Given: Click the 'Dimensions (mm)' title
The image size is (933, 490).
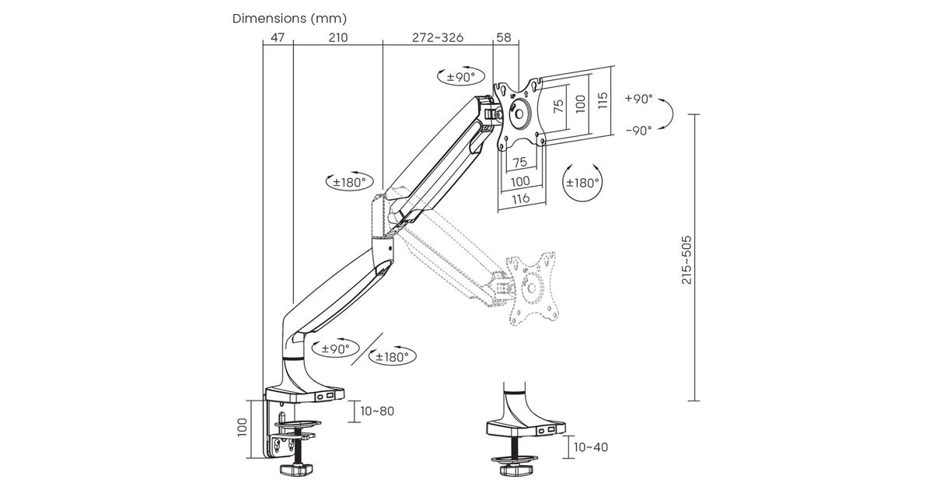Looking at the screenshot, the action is pos(289,19).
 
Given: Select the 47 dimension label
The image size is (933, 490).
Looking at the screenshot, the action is pos(278,37).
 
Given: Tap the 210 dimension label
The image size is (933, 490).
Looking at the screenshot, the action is pos(338,37).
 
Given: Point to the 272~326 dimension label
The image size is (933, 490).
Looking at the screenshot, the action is pos(438,37).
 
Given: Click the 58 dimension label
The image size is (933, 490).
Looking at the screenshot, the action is pos(504,37).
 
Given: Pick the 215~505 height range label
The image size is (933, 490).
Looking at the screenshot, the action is pos(687,260).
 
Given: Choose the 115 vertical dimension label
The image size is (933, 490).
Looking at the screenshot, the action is pos(603,100).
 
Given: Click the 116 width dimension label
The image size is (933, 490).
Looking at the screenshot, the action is pos(521,198).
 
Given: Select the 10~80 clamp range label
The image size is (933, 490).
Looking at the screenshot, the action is pos(377,411).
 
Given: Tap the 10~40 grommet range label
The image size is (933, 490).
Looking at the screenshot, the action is pos(591,447).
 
